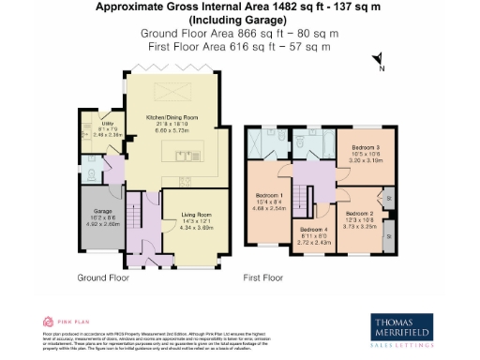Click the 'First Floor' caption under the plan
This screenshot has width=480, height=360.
point(263,277)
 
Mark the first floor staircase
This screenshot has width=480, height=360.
point(299,198)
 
